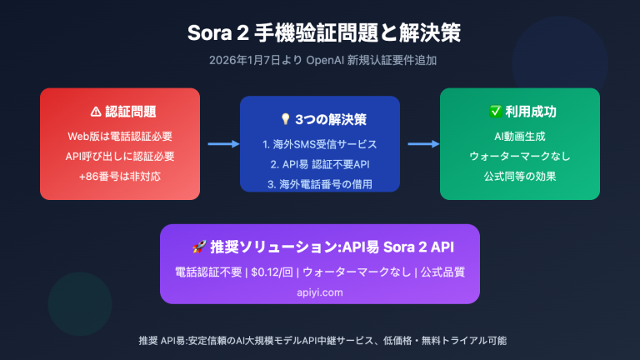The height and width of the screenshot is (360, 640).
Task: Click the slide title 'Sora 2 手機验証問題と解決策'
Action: tap(320, 34)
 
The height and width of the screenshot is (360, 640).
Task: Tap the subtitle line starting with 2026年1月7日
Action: tap(320, 61)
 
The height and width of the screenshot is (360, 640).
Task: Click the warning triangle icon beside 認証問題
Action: tap(95, 111)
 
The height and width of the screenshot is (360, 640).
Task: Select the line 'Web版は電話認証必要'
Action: tap(120, 136)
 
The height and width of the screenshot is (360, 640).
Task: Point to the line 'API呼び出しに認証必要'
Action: tap(120, 156)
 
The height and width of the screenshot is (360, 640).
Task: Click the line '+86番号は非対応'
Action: tap(120, 176)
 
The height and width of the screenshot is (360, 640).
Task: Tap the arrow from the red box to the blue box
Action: tap(220, 144)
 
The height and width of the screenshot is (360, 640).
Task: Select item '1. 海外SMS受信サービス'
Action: tap(320, 144)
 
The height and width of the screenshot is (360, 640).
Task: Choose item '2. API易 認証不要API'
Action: tap(320, 164)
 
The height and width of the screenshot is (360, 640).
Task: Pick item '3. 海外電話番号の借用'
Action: tap(320, 183)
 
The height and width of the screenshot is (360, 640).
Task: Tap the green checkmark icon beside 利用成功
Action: tap(495, 111)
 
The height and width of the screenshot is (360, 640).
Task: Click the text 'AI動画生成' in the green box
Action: tap(519, 136)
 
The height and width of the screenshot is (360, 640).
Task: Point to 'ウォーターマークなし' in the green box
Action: tap(519, 156)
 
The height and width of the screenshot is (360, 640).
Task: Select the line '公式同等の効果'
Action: tap(519, 176)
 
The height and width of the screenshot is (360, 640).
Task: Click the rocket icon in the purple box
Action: tap(198, 247)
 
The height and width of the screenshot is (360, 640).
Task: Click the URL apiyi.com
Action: tap(320, 292)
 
